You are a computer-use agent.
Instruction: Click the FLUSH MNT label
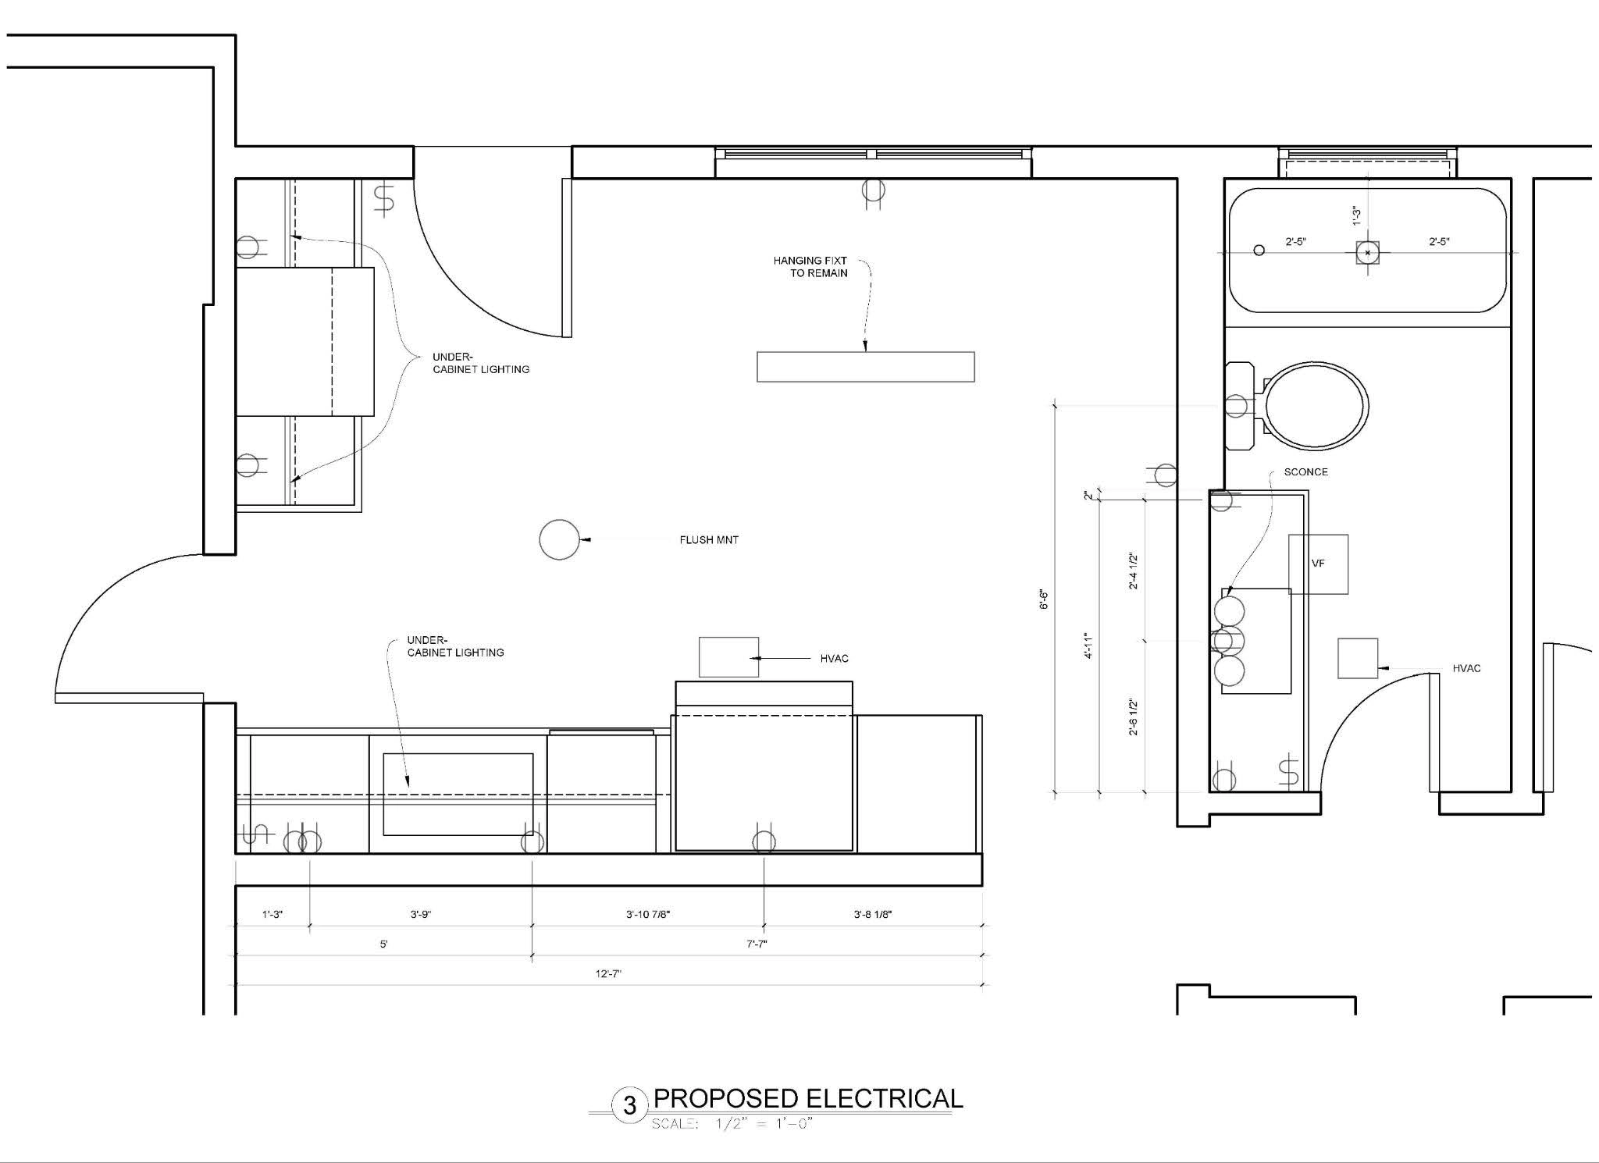pos(709,539)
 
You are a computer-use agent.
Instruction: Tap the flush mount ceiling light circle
pos(559,521)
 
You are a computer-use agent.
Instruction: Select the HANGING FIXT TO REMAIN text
pos(810,267)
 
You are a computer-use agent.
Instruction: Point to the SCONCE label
pos(1305,472)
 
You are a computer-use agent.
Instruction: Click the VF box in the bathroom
pos(1318,564)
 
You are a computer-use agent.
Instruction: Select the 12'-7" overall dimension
pos(608,973)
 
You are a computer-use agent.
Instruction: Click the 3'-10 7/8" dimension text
pos(648,914)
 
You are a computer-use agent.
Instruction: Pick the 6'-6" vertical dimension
pos(1044,599)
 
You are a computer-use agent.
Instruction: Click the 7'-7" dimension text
pos(757,944)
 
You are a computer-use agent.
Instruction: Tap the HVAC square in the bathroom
pos(1358,658)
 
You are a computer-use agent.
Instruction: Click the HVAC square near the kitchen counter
pos(728,657)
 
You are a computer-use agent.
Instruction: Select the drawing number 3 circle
pos(629,1105)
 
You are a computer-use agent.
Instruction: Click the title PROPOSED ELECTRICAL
pos(808,1098)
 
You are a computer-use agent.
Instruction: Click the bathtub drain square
pos(1367,253)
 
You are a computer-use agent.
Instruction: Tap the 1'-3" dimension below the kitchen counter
pos(272,914)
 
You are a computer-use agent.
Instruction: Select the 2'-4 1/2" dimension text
pos(1134,571)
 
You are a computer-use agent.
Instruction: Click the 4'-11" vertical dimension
pos(1088,646)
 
